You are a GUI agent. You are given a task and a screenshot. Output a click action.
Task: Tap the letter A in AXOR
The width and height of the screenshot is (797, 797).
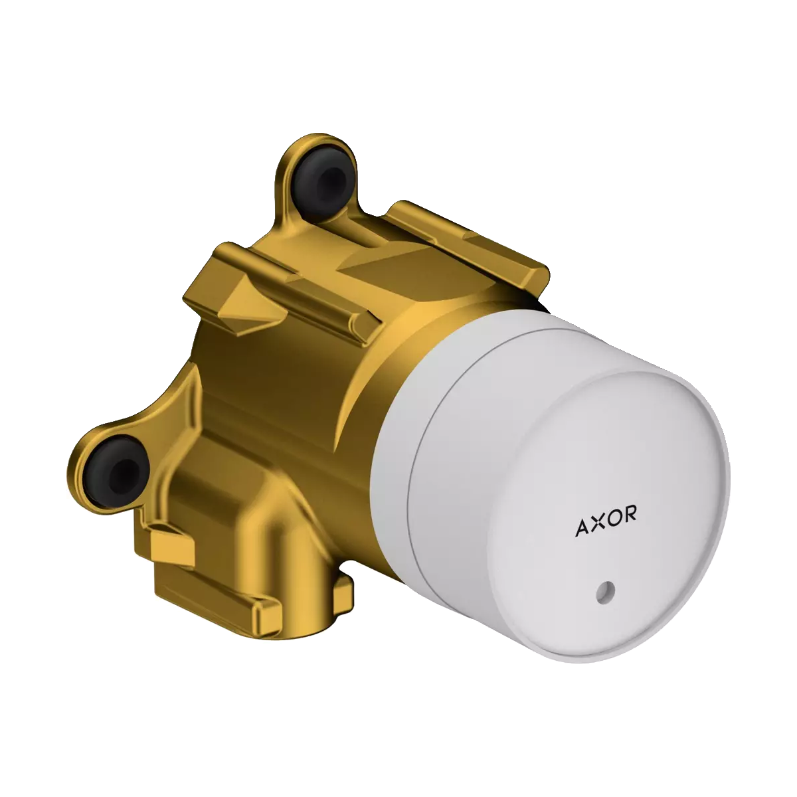[582, 529]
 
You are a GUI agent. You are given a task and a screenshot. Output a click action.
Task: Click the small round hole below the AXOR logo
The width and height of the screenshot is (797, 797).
[604, 590]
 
